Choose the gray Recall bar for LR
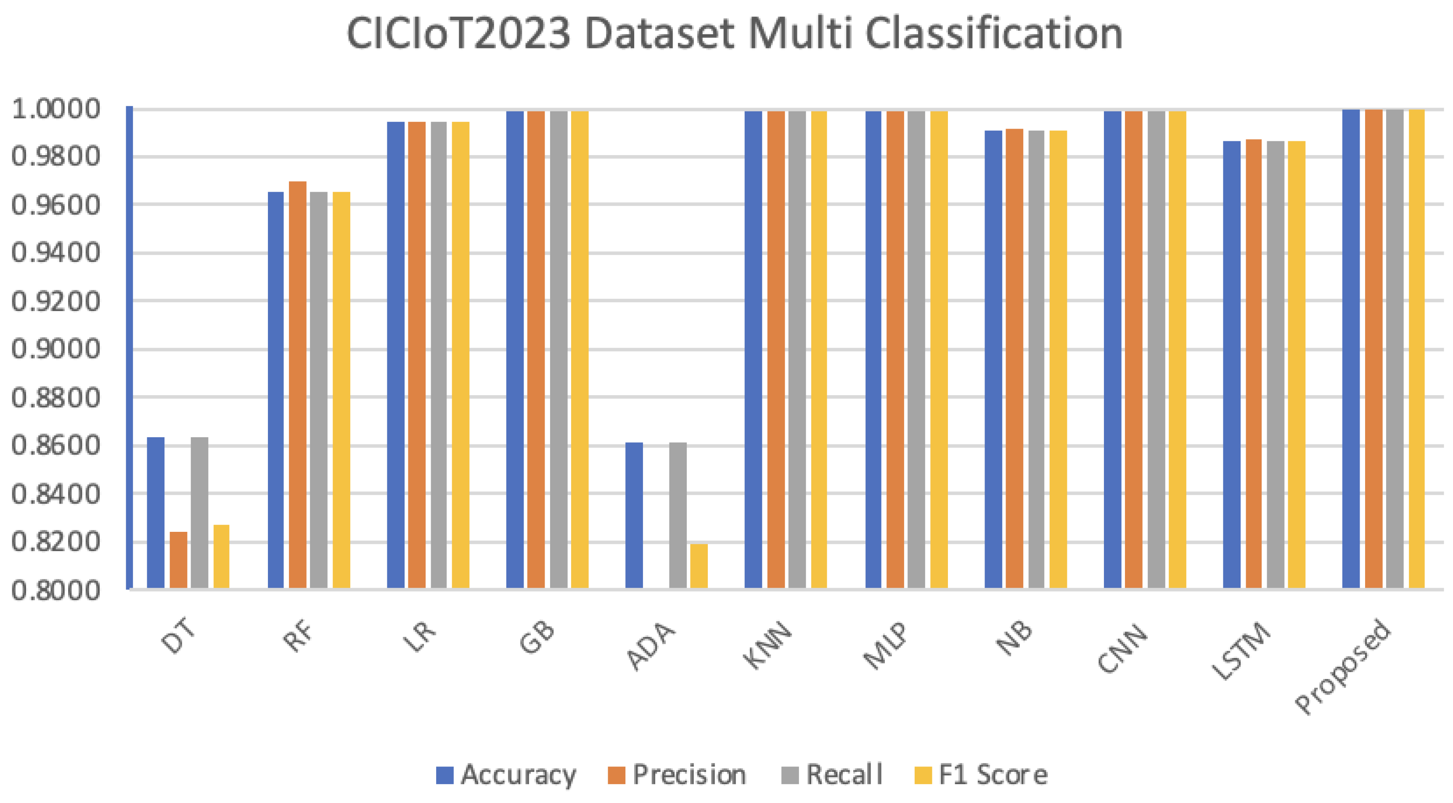click(438, 355)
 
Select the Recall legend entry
click(833, 775)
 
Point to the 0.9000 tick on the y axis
click(55, 349)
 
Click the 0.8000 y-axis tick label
click(55, 590)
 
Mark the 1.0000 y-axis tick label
click(55, 109)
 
